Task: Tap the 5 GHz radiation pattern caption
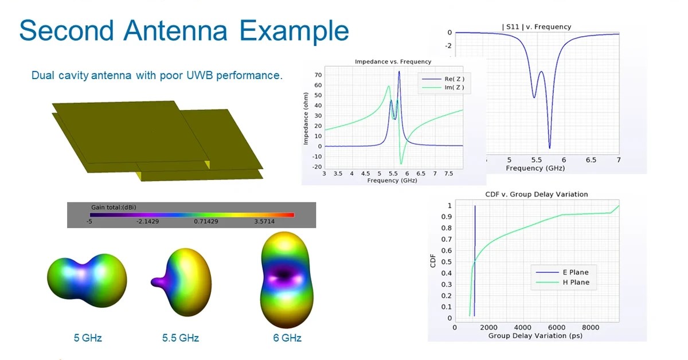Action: pos(88,338)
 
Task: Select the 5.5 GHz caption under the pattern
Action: pos(181,338)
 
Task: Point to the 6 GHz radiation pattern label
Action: pos(287,338)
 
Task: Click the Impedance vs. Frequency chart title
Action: pos(393,61)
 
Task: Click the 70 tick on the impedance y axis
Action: pos(319,75)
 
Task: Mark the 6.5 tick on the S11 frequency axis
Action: pos(591,160)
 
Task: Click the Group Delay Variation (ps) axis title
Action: pos(535,335)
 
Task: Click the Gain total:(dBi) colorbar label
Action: pos(114,207)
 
